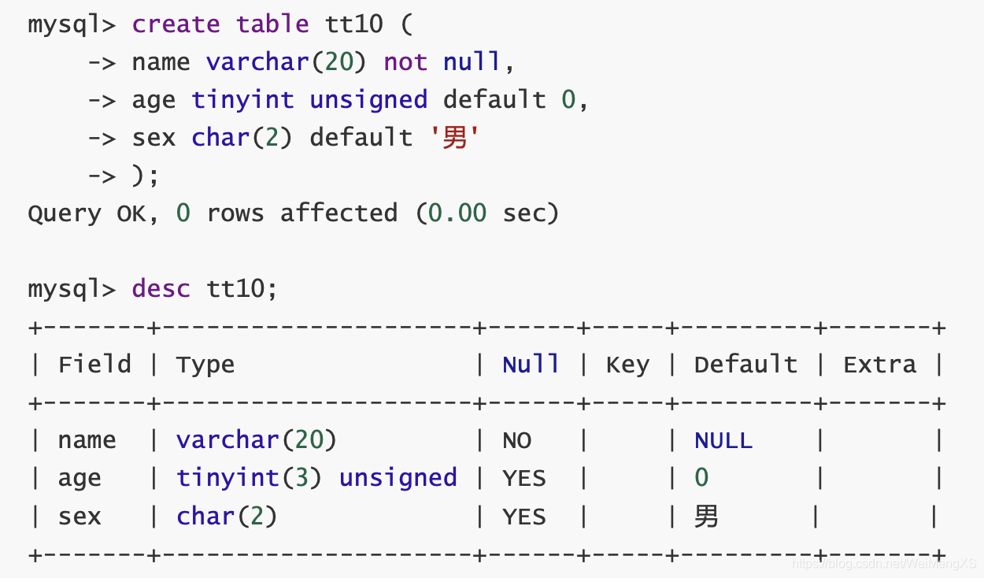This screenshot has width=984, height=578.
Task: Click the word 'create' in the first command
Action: [176, 24]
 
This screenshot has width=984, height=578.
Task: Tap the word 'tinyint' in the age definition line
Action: [242, 100]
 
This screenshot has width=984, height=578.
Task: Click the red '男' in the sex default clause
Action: [455, 138]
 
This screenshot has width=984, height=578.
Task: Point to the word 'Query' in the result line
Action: [65, 213]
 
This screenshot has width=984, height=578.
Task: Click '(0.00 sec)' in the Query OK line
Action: [487, 213]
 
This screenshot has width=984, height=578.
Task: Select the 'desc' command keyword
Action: [161, 289]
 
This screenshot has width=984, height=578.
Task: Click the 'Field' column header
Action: [94, 365]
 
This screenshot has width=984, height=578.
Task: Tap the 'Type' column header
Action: [205, 365]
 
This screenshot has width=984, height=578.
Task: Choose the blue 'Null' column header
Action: [531, 365]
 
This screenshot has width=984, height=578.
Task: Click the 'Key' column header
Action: [627, 365]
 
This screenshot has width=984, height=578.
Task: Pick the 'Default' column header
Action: [745, 365]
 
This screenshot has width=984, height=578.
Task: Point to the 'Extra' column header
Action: [879, 365]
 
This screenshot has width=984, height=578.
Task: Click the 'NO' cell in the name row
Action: [516, 440]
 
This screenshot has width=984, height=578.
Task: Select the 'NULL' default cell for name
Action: [723, 440]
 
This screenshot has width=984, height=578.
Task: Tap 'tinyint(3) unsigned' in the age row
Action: [316, 478]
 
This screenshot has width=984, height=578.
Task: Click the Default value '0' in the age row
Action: [701, 478]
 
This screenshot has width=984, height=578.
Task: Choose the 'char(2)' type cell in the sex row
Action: [227, 517]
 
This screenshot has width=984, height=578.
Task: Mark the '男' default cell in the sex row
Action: [706, 517]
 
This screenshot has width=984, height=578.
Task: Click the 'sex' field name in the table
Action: [80, 517]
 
